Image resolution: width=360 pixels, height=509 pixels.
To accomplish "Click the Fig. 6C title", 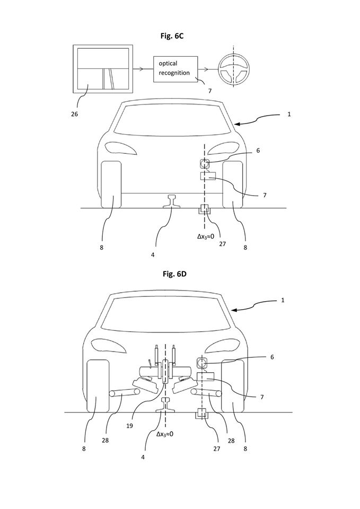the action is (x=172, y=36).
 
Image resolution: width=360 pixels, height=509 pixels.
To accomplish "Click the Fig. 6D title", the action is (x=174, y=274).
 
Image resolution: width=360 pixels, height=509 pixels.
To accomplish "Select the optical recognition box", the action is (x=175, y=69).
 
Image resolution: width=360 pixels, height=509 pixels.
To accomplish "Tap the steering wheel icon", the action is (x=233, y=69).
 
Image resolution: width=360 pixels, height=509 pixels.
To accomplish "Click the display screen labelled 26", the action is (x=103, y=69).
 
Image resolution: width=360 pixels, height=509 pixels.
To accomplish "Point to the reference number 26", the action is (x=75, y=115).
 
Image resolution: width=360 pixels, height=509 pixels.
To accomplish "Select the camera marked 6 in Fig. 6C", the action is (x=205, y=163).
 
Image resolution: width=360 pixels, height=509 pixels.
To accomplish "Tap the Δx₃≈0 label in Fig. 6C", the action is (x=206, y=236).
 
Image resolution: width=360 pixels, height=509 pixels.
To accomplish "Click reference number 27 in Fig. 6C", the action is (x=222, y=244).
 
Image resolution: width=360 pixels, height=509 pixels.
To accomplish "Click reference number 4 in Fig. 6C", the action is (x=153, y=255).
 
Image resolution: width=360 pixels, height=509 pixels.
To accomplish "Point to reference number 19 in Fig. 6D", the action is (x=129, y=426).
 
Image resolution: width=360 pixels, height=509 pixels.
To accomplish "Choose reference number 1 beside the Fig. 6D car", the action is (x=283, y=300).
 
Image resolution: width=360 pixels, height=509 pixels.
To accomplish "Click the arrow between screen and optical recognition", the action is (x=143, y=69).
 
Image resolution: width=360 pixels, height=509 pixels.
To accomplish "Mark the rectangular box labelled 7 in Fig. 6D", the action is (x=206, y=377).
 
